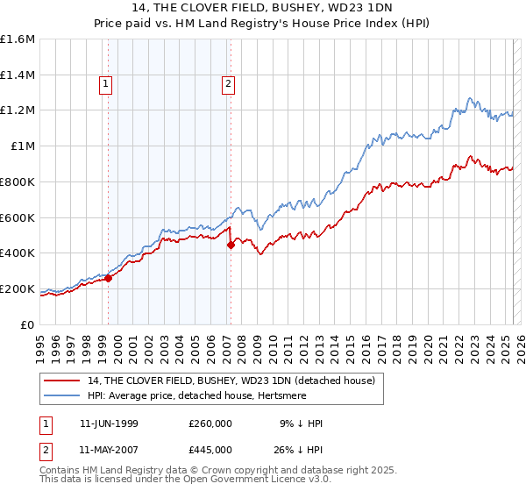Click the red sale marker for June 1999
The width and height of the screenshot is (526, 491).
pos(109,278)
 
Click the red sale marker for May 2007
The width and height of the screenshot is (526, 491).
pos(231,245)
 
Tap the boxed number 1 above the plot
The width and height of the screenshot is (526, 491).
pos(106,84)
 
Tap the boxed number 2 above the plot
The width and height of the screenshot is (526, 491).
pos(228,84)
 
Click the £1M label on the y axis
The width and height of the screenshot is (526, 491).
pos(24,146)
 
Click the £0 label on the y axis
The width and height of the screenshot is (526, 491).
pos(28,324)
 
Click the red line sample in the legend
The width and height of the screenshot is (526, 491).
pos(62,381)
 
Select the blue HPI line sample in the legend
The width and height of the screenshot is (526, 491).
pos(62,395)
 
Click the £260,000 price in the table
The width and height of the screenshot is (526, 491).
pos(210,423)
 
